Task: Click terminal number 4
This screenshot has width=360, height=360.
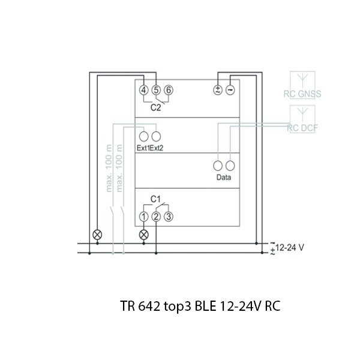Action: [x=144, y=90]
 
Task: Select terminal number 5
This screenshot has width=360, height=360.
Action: [x=156, y=90]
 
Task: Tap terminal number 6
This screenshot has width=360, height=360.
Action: [x=169, y=90]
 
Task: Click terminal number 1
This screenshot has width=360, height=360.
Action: [x=144, y=217]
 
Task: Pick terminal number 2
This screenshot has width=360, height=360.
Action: [x=156, y=217]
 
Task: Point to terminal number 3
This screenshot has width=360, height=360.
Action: [x=169, y=217]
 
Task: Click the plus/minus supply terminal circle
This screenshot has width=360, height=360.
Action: [x=218, y=90]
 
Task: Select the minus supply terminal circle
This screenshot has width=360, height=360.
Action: [x=230, y=90]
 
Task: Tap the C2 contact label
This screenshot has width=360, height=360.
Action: [x=155, y=107]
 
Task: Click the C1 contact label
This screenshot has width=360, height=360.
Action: [x=155, y=199]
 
